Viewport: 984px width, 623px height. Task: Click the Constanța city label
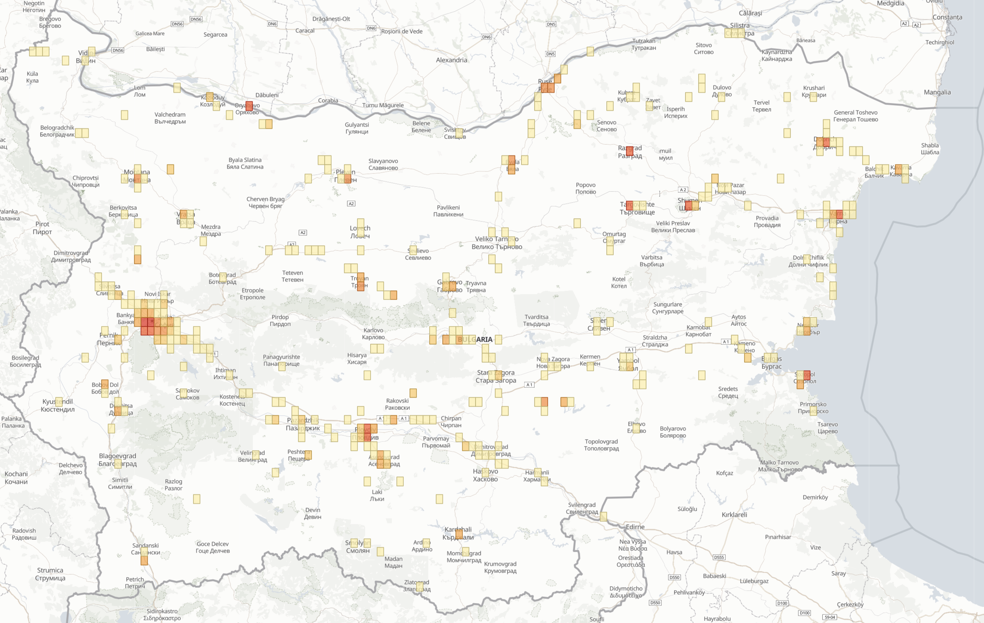coord(947,17)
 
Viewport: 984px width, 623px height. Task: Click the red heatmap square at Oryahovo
coord(249,105)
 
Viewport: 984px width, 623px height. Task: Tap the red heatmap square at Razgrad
coord(629,151)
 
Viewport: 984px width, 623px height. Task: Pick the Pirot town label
coord(42,228)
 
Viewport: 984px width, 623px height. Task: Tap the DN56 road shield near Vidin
coord(118,50)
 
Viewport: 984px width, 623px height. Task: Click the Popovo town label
coord(585,188)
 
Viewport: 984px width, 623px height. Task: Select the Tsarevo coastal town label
coord(827,428)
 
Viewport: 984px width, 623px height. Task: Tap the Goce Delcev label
coord(212,547)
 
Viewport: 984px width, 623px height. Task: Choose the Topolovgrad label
coord(601,445)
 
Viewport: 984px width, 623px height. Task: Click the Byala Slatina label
coord(245,163)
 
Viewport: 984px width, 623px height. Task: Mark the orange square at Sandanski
coord(144,560)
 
